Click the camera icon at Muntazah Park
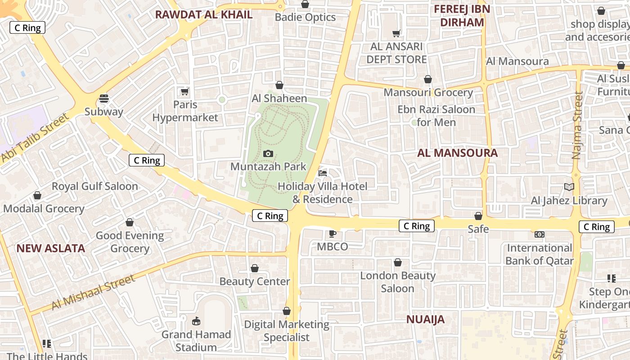[x=268, y=154]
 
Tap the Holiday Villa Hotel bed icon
[x=323, y=173]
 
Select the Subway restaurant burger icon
[x=104, y=99]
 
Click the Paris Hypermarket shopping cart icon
[x=184, y=92]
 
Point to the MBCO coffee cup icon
[x=332, y=234]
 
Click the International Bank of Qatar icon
[x=539, y=234]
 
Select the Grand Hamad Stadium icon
[x=196, y=321]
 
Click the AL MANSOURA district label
[x=457, y=153]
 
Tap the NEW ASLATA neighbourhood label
[x=51, y=248]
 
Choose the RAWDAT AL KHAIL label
[x=203, y=15]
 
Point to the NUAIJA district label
[x=425, y=319]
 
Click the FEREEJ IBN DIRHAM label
[x=462, y=16]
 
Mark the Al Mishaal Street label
[x=93, y=292]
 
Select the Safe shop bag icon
[x=478, y=216]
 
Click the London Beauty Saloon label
[x=398, y=282]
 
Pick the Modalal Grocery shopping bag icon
[x=37, y=196]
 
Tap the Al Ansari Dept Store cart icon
[x=396, y=33]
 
